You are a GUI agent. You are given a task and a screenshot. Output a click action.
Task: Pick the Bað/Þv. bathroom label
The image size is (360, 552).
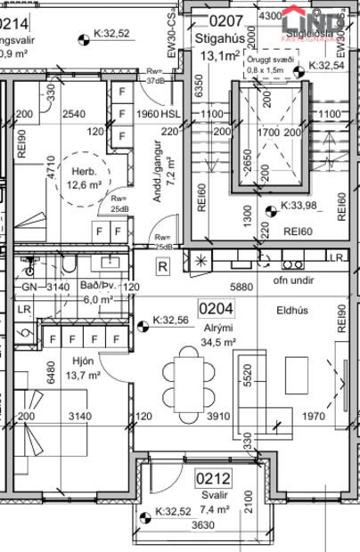[96, 287]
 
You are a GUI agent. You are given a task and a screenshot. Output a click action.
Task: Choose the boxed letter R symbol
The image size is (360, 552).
[163, 264]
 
